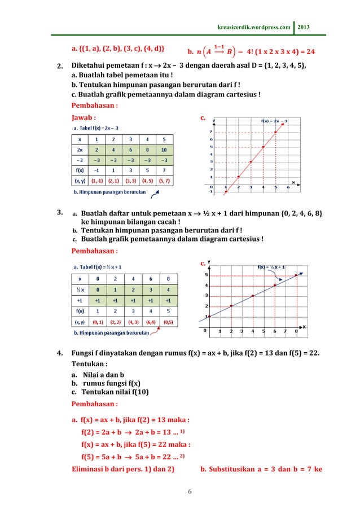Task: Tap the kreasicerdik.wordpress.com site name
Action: click(254, 27)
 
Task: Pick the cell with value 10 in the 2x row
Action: click(164, 150)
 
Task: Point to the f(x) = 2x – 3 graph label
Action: click(273, 121)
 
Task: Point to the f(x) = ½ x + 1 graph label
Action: click(271, 267)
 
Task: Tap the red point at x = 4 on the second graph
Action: click(252, 296)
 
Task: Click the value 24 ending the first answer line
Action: click(309, 52)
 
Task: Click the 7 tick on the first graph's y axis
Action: click(211, 131)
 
